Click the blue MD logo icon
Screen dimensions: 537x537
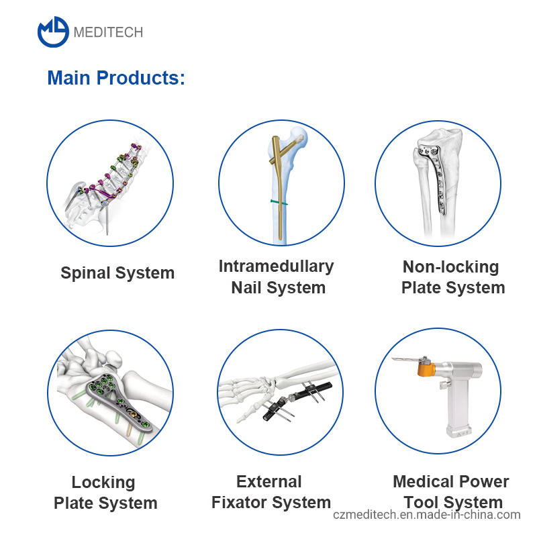[x=53, y=32]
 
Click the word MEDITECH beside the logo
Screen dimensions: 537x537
[x=108, y=32]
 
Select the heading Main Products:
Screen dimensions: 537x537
[x=116, y=78]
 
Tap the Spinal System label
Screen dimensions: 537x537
[x=117, y=273]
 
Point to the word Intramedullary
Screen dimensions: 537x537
[x=276, y=266]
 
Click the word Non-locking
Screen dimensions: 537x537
[x=451, y=266]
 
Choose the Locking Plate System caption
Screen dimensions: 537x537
[x=105, y=493]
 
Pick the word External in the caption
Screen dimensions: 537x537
[x=268, y=481]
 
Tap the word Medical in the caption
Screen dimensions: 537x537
[x=422, y=481]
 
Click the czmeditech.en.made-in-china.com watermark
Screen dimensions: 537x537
[x=426, y=515]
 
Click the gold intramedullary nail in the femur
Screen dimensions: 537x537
[x=277, y=195]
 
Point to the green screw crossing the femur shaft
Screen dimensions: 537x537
[x=278, y=201]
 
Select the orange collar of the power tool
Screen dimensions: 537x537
[x=424, y=369]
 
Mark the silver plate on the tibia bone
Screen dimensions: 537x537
[x=440, y=181]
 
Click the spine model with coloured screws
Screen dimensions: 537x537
[x=111, y=181]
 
